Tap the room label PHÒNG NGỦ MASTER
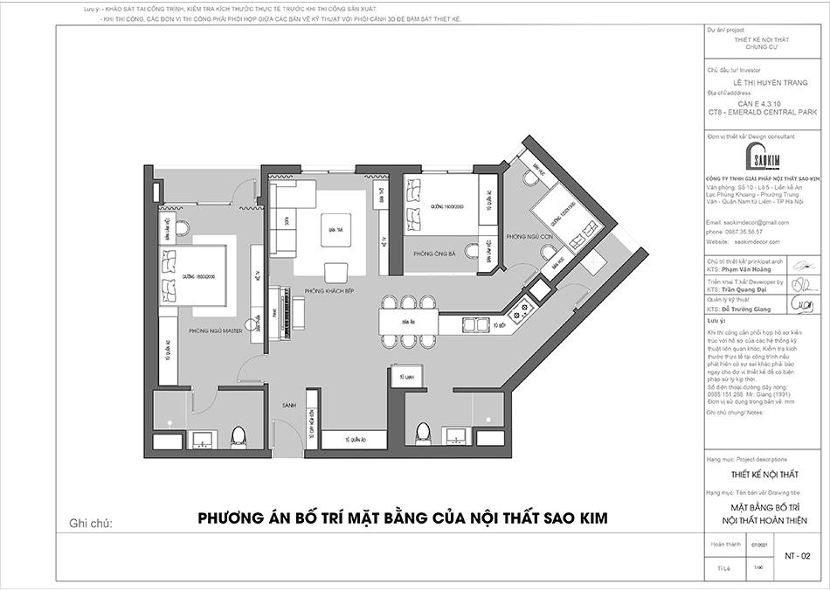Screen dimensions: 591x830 click(x=214, y=331)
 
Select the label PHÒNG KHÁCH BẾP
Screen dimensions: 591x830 click(x=328, y=289)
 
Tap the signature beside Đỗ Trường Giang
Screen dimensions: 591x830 click(x=802, y=304)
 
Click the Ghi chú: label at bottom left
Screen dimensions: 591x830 click(x=91, y=524)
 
